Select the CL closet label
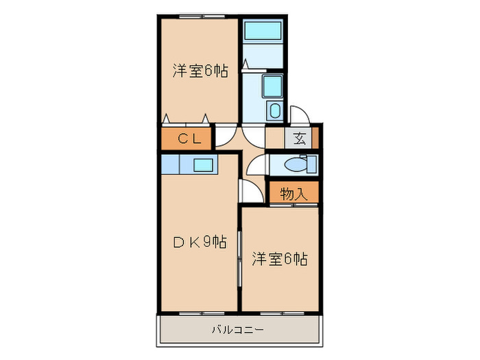point(189,139)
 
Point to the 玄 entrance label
point(300,139)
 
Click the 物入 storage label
point(293,194)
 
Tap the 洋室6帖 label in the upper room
point(200,70)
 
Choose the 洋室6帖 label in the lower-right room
point(279,259)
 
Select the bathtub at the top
point(262,32)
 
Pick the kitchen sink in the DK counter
point(202,165)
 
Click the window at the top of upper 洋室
point(195,14)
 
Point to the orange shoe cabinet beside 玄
point(315,138)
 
